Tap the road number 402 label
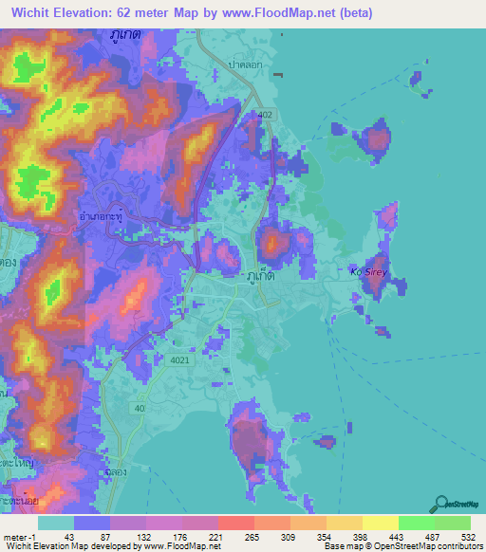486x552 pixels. [265, 115]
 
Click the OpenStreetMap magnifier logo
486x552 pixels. [442, 505]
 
